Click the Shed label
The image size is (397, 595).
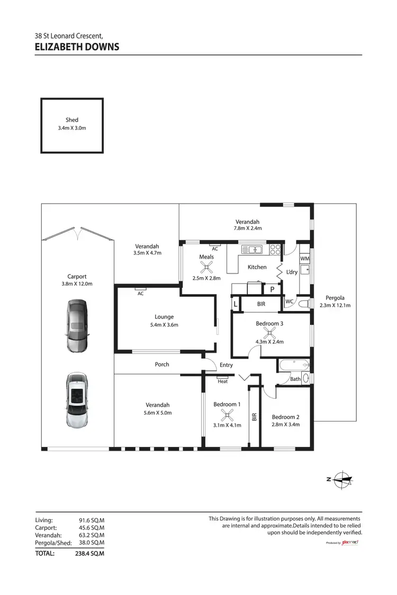(72, 120)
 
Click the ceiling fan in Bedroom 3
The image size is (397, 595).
(270, 332)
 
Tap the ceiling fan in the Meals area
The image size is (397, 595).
(206, 267)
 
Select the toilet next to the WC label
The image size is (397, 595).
(302, 304)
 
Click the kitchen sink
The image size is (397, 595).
(252, 249)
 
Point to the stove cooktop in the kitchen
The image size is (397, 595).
(275, 249)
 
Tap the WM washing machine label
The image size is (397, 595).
(304, 259)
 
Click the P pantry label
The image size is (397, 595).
(273, 290)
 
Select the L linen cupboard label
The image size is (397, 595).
(236, 304)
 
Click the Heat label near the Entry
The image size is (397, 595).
(223, 381)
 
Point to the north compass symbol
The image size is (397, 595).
(342, 479)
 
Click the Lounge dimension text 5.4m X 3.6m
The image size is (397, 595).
(164, 325)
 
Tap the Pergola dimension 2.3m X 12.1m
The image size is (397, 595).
(335, 305)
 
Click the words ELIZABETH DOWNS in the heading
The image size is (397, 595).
(77, 47)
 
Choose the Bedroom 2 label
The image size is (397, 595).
(286, 417)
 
